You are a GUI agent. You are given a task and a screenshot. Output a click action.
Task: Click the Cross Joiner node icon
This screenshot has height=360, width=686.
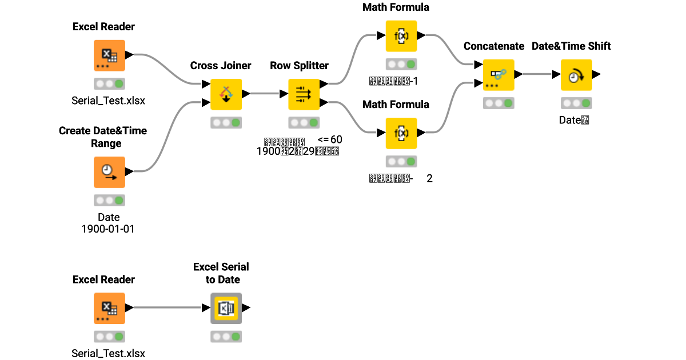[x=226, y=94]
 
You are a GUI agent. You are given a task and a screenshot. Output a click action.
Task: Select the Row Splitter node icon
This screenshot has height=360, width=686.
[x=304, y=94]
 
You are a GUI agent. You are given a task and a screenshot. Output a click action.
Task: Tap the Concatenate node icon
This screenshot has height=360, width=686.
[x=498, y=75]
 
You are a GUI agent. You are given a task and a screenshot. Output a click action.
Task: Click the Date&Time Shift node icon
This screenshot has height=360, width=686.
[x=576, y=75]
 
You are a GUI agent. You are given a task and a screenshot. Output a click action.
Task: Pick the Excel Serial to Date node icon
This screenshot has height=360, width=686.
[x=226, y=308]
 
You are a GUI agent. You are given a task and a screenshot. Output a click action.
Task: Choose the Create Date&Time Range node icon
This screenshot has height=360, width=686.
[x=109, y=171]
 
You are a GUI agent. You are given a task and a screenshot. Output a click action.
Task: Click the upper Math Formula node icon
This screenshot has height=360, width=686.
[x=401, y=36]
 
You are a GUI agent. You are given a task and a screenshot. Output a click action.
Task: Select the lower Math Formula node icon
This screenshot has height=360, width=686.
[x=401, y=133]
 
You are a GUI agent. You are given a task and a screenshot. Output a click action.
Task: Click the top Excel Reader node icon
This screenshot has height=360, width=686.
[x=109, y=55]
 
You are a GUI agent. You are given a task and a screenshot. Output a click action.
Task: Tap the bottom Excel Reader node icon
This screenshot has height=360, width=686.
[x=109, y=308]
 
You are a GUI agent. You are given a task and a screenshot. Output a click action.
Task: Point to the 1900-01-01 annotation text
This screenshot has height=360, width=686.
[x=109, y=229]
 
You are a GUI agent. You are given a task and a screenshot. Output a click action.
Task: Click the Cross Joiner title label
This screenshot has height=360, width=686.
[x=221, y=66]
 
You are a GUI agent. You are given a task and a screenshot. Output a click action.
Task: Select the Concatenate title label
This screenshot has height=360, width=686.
[x=494, y=46]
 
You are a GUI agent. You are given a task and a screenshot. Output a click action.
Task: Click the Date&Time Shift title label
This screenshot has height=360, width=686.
[x=571, y=46]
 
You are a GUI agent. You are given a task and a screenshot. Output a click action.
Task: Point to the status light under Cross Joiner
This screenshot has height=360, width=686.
[x=226, y=122]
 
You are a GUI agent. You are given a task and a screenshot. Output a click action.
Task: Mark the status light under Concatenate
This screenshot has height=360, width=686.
[x=498, y=103]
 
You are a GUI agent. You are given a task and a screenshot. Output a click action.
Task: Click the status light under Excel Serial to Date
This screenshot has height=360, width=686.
[x=226, y=337]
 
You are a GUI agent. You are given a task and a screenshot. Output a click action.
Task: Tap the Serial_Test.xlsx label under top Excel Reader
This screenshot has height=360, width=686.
[x=109, y=101]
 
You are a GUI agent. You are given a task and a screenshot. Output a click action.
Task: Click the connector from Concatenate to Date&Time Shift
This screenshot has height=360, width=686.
[x=537, y=74]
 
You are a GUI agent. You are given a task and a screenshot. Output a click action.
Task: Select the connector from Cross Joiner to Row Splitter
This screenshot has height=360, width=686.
[x=266, y=93]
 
